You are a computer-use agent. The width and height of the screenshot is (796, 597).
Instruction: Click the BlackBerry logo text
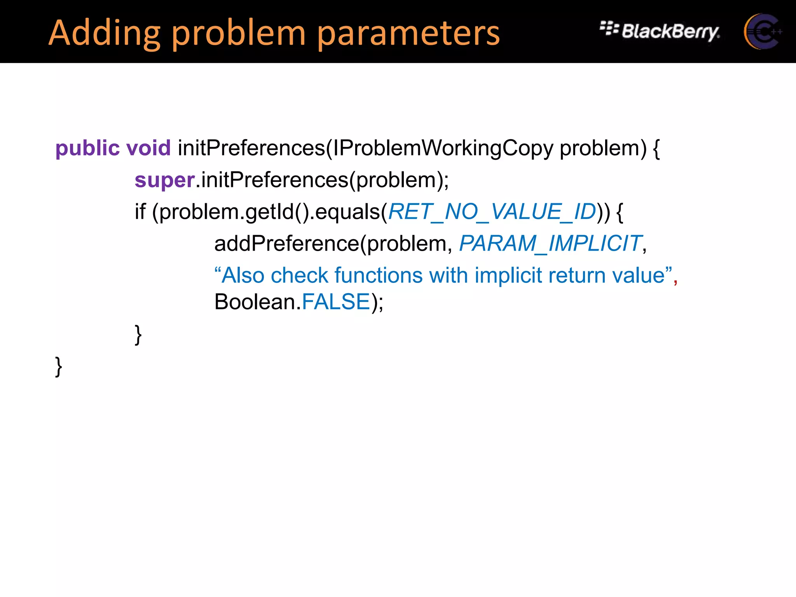point(670,31)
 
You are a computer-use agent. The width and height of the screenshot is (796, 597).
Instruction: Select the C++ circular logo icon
point(762,31)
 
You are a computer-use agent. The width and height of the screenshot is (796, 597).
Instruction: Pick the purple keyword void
point(148,148)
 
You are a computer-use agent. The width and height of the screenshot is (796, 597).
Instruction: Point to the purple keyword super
point(164,180)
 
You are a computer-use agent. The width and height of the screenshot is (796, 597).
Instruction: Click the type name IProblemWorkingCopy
point(443,148)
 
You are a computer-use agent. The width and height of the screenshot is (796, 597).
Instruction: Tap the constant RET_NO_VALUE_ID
point(492,212)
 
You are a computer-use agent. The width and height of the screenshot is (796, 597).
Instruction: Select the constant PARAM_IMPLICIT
point(550,244)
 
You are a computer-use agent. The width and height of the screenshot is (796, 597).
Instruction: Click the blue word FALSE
point(336,302)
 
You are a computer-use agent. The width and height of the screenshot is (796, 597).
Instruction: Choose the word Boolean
point(255,302)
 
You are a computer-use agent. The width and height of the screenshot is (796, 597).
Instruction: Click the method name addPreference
point(287,244)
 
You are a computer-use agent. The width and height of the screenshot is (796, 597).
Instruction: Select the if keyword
point(140,212)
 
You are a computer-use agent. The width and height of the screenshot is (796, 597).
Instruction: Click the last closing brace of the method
point(59,367)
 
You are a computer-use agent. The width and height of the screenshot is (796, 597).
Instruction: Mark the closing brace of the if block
point(138,335)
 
